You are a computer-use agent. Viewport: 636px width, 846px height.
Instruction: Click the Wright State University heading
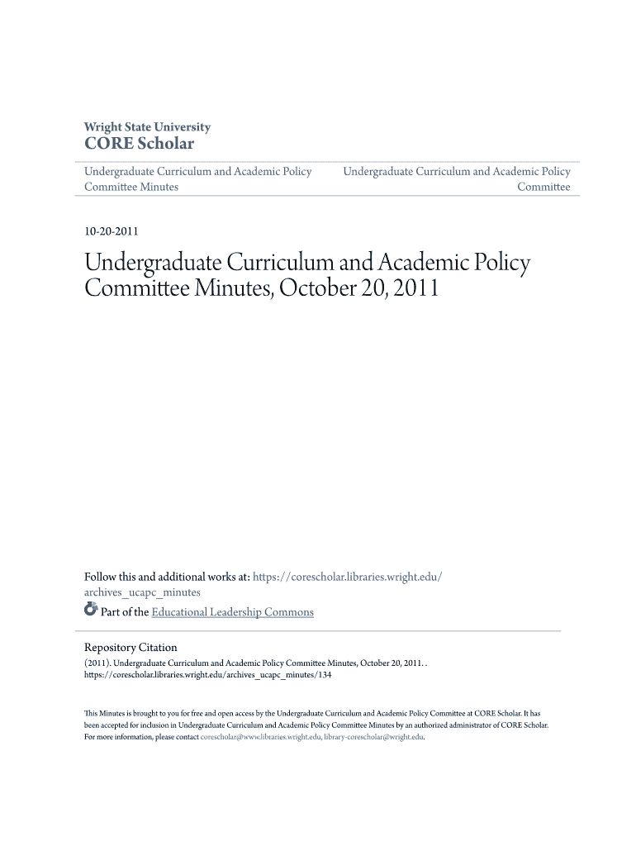point(147,127)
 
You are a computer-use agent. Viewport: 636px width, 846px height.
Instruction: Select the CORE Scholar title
point(139,144)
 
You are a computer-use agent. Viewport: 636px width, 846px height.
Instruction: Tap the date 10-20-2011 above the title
point(112,231)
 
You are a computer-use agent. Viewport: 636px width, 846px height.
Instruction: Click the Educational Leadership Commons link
point(233,612)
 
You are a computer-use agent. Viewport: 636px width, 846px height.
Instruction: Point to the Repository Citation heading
point(131,648)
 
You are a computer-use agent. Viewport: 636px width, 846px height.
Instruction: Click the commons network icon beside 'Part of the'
point(91,611)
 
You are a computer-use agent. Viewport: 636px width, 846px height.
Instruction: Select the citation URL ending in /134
point(207,675)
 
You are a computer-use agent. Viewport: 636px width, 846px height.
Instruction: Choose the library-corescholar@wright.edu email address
point(373,737)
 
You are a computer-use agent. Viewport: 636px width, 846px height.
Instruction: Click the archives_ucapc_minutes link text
point(142,592)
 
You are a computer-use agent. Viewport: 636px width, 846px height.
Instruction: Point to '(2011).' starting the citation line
point(97,663)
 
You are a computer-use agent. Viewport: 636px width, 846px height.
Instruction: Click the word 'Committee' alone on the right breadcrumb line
point(543,188)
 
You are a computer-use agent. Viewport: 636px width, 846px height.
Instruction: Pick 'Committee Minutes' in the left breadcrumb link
point(131,188)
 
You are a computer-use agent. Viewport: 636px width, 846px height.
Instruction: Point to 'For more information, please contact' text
point(141,737)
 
